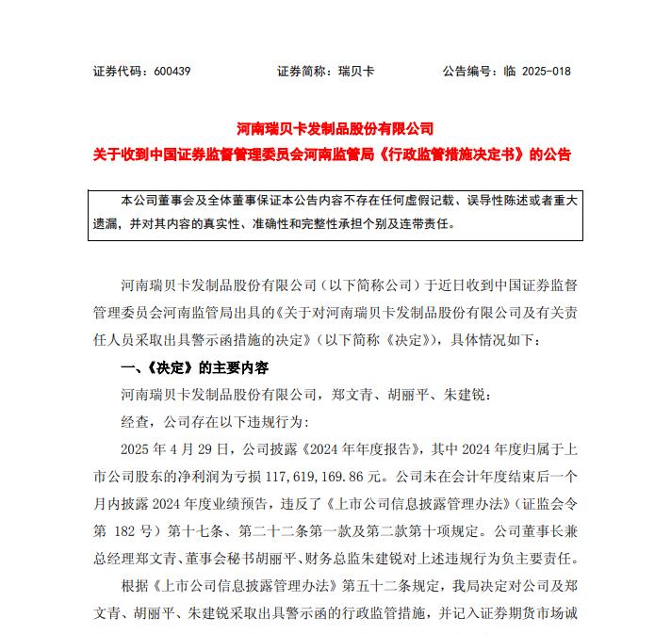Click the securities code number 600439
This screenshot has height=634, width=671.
(x=170, y=72)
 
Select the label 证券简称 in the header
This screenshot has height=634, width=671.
(x=302, y=72)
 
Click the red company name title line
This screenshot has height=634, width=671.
(x=335, y=128)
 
